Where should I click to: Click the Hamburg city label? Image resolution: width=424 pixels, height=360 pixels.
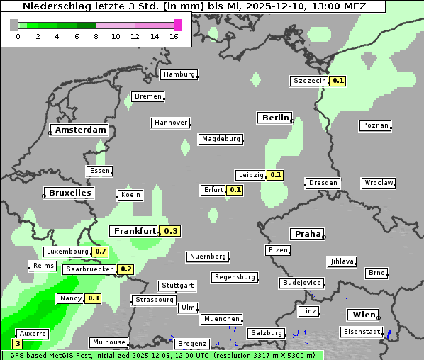tap(179, 74)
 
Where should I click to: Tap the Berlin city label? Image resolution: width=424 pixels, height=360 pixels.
tap(275, 118)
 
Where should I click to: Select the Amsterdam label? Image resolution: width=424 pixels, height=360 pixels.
tap(80, 130)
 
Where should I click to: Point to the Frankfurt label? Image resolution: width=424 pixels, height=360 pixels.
tap(135, 231)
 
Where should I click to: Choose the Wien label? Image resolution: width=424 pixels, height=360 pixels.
tap(362, 315)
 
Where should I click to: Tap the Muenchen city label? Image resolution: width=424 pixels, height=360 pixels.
tap(221, 320)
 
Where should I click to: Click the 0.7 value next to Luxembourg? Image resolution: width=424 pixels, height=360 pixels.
tap(100, 252)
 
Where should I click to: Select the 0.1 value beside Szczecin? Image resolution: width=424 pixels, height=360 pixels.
tap(337, 81)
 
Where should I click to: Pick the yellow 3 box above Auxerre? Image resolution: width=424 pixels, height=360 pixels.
tap(18, 343)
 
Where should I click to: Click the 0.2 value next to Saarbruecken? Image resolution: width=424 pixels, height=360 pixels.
tap(125, 269)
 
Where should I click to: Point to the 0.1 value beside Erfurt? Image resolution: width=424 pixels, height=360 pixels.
tap(235, 190)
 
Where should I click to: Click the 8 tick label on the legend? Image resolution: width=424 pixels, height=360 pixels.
tap(96, 36)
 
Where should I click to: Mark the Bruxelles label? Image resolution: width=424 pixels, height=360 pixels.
tap(69, 193)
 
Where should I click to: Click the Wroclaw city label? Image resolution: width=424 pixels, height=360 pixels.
tap(379, 183)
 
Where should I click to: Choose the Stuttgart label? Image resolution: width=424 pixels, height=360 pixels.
tap(177, 286)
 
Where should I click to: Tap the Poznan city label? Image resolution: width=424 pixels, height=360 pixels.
tap(375, 125)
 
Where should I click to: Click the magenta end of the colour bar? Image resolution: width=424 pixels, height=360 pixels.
tap(177, 25)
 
